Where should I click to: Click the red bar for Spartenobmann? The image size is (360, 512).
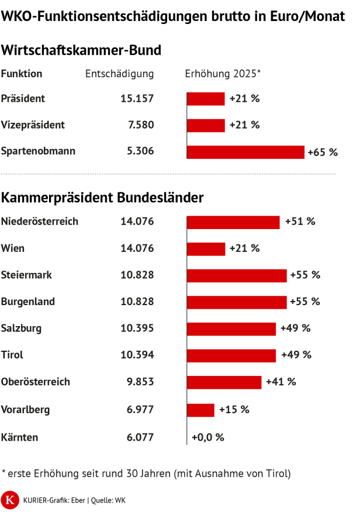pos(245,152)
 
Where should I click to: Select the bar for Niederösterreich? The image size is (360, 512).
pos(233,222)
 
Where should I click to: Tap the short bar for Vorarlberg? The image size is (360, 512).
pos(200,410)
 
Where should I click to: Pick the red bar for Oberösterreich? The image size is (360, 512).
pos(224,382)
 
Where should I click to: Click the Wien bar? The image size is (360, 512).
pos(206,249)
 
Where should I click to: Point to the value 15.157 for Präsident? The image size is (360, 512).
pos(137,99)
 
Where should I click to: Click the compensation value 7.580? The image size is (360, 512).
pos(140,125)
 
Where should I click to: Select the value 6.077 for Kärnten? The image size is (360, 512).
pos(140,437)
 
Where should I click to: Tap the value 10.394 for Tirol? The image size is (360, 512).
pos(137,355)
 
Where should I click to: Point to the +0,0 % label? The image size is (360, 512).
pos(208,437)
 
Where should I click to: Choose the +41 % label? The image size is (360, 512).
pos(281,382)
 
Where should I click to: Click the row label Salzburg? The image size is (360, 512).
pos(22,328)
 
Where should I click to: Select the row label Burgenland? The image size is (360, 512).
pos(28,302)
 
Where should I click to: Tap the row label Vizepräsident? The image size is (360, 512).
pos(33,125)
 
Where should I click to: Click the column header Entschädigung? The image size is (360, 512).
pos(119,74)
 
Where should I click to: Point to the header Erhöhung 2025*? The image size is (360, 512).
pos(223,74)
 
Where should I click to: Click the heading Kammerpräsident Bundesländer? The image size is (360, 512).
pos(102,198)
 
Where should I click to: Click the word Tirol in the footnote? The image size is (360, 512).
pos(276,473)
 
